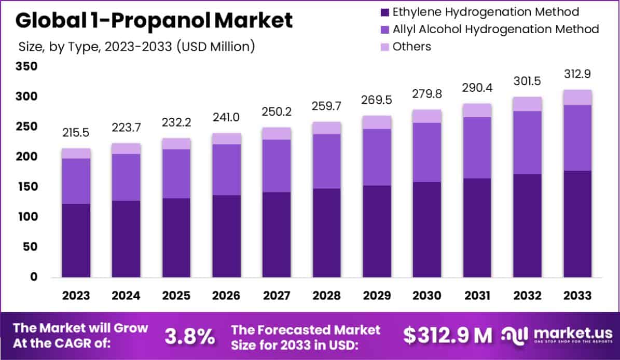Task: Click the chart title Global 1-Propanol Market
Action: (x=154, y=20)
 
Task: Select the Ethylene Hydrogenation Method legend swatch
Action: (x=384, y=12)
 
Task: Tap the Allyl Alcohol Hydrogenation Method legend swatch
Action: (x=384, y=29)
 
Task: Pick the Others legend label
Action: (x=411, y=46)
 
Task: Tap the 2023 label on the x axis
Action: (x=76, y=296)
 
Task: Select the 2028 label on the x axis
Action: (x=326, y=296)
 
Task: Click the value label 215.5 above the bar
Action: (x=76, y=133)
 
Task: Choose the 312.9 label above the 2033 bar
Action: (x=577, y=75)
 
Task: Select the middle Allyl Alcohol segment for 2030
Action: (x=427, y=152)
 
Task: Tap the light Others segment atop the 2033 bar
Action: (x=577, y=97)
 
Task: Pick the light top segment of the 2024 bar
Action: (x=126, y=148)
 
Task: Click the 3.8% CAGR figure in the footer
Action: (x=190, y=336)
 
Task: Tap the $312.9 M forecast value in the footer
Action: (x=448, y=336)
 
